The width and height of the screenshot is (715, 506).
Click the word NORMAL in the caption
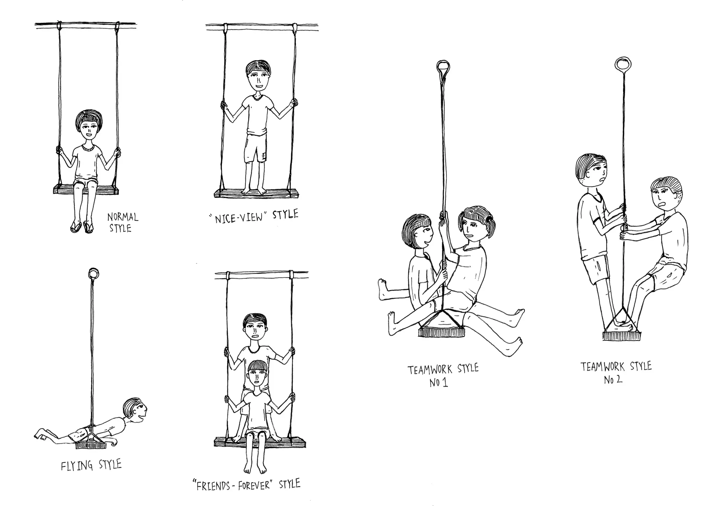pos(123,217)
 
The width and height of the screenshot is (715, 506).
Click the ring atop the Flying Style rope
pos(94,272)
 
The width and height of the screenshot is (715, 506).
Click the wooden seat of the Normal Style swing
pos(86,190)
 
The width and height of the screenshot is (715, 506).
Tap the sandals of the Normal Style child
pos(82,227)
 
